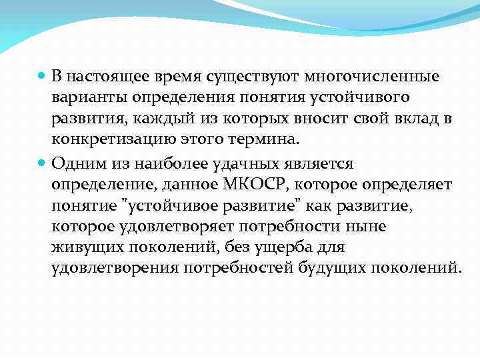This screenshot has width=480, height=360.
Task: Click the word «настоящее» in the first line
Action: coord(106,77)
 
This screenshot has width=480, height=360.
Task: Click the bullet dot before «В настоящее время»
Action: coord(41,77)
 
